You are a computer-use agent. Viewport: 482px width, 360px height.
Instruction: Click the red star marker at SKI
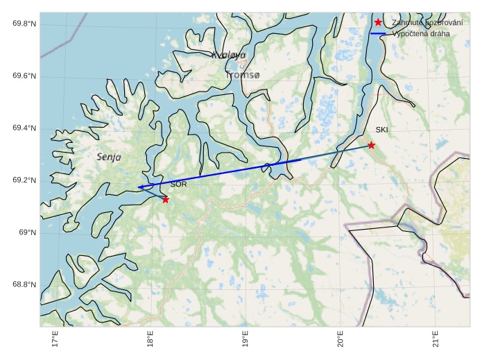[x=371, y=145]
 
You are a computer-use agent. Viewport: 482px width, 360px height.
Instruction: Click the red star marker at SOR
[x=166, y=200]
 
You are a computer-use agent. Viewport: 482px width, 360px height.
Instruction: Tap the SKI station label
[x=382, y=130]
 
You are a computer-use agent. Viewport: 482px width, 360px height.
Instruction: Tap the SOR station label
[x=178, y=185]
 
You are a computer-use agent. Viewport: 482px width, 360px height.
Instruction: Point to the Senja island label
[x=109, y=157]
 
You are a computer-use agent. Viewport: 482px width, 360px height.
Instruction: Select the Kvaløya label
[x=229, y=55]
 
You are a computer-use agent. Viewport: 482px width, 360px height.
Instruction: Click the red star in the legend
[x=378, y=22]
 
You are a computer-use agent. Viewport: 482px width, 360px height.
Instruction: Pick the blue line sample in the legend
[x=378, y=33]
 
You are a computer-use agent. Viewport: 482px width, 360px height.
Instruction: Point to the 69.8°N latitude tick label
[x=24, y=24]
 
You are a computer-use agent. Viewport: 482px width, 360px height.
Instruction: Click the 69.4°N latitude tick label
[x=24, y=128]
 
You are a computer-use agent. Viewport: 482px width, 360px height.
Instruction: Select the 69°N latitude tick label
[x=28, y=232]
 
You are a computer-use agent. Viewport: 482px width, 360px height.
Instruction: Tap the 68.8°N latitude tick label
[x=24, y=284]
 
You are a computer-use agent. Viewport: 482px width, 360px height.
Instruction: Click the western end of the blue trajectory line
[x=139, y=187]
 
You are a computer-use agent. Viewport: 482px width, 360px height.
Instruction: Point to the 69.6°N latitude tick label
[x=24, y=76]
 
